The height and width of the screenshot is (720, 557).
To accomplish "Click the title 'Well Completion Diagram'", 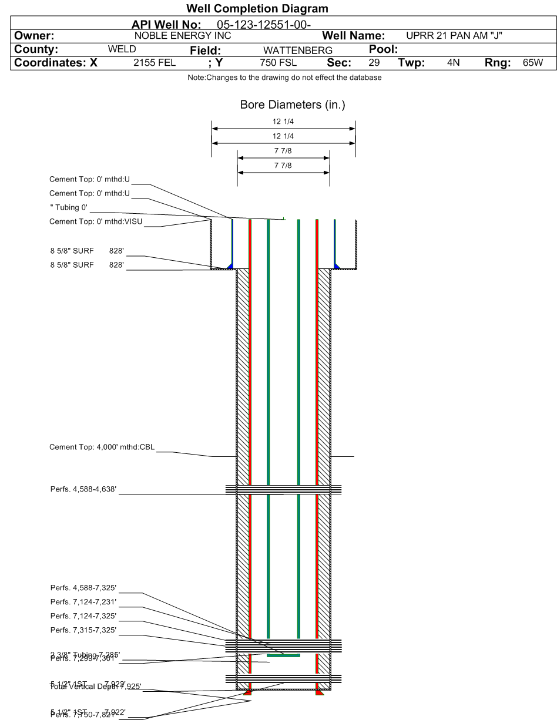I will (x=257, y=8).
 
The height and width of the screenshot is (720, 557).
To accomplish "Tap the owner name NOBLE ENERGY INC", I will (x=183, y=36).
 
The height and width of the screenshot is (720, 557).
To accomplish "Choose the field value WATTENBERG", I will (x=297, y=51).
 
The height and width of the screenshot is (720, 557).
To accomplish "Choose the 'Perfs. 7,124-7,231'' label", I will (x=83, y=602).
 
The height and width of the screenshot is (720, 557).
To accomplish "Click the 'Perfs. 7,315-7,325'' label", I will (x=83, y=630).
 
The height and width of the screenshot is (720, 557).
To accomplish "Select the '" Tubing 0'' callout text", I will (x=69, y=207).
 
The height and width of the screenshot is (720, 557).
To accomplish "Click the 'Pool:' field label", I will (x=384, y=49).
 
